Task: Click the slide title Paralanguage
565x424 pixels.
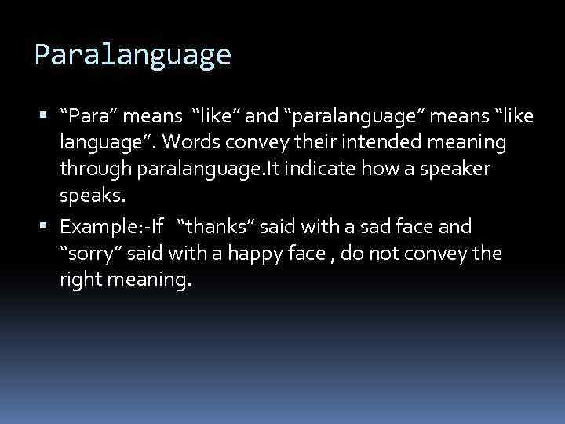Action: tap(133, 55)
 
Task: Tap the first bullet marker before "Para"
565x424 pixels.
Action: tap(49, 116)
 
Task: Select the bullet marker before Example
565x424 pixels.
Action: tap(49, 227)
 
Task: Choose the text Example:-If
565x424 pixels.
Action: tap(111, 227)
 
